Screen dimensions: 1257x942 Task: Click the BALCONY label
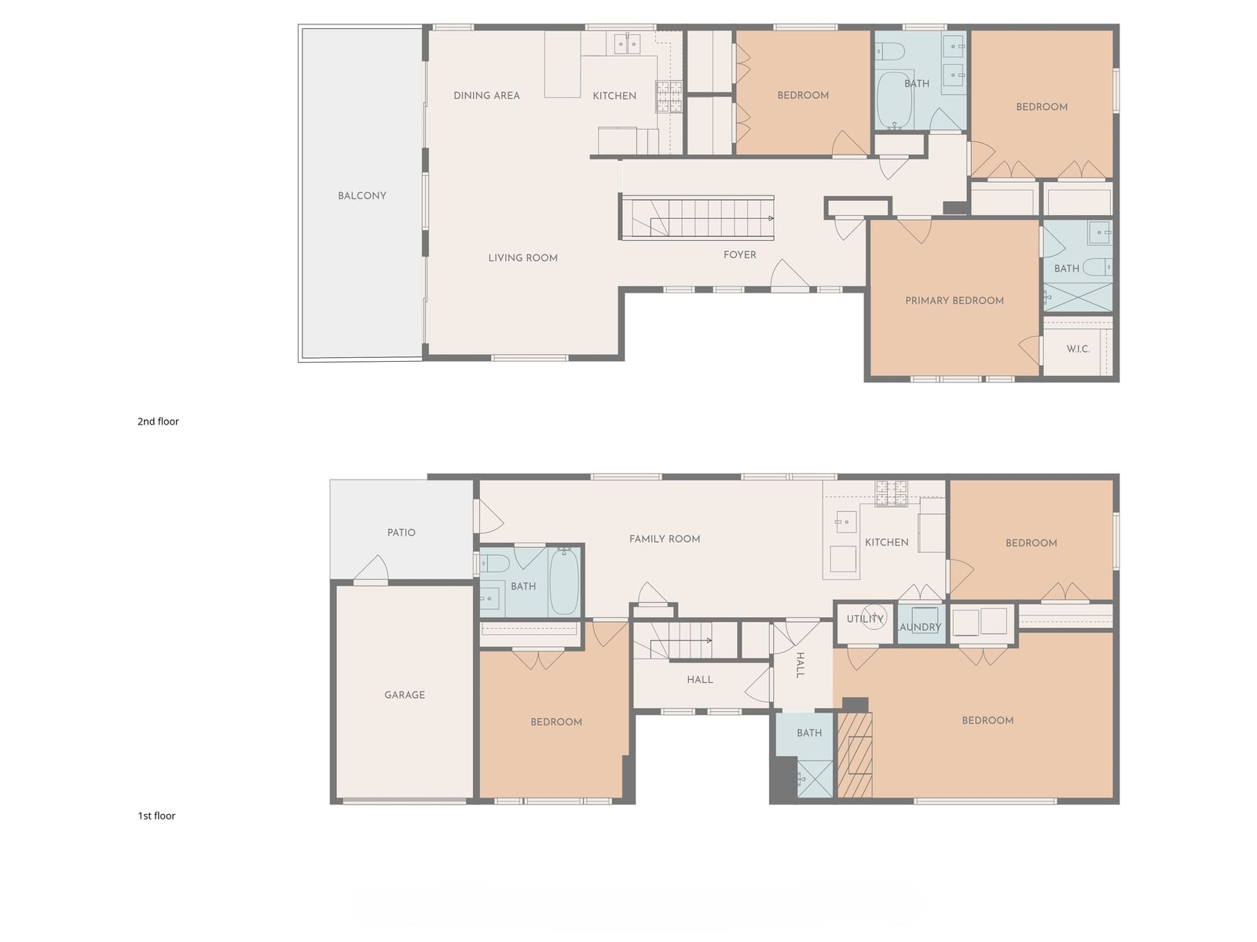pyautogui.click(x=362, y=195)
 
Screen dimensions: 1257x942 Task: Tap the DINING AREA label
pyautogui.click(x=487, y=96)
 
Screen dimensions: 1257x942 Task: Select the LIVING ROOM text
pyautogui.click(x=523, y=258)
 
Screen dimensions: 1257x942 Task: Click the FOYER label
pyautogui.click(x=740, y=254)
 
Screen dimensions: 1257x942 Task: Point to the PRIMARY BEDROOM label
pyautogui.click(x=955, y=301)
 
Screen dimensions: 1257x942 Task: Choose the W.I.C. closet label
pyautogui.click(x=1079, y=349)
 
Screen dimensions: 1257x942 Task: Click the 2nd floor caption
pyautogui.click(x=158, y=422)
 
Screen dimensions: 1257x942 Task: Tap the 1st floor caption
pyautogui.click(x=156, y=816)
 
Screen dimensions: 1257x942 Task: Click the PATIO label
pyautogui.click(x=401, y=532)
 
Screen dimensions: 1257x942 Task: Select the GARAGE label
pyautogui.click(x=405, y=695)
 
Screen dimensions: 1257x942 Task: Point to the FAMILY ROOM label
pyautogui.click(x=665, y=539)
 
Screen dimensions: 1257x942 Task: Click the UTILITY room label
pyautogui.click(x=865, y=619)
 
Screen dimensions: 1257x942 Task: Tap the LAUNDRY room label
pyautogui.click(x=918, y=627)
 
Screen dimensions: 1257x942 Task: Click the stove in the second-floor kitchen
pyautogui.click(x=669, y=96)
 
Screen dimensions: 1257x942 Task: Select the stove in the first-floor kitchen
pyautogui.click(x=891, y=494)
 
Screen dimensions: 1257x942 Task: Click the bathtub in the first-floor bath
pyautogui.click(x=563, y=581)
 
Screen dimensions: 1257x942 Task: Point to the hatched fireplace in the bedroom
pyautogui.click(x=855, y=755)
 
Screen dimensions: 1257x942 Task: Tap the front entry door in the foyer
pyautogui.click(x=789, y=275)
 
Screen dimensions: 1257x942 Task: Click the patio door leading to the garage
pyautogui.click(x=371, y=569)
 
